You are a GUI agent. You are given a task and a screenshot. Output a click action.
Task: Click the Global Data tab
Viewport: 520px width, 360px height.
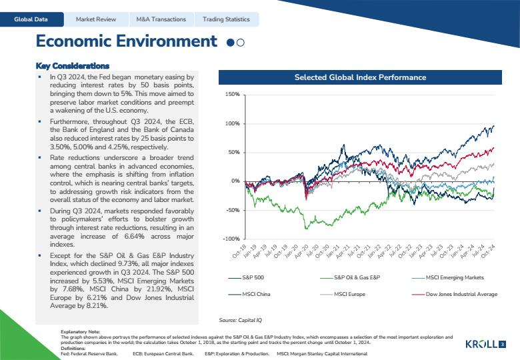point(31,19)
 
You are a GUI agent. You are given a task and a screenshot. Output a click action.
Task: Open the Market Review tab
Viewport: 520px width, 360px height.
point(96,19)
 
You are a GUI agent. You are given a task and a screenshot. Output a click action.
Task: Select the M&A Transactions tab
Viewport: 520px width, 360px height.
point(161,19)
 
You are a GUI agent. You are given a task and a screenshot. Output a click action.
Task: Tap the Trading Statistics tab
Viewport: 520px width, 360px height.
point(226,19)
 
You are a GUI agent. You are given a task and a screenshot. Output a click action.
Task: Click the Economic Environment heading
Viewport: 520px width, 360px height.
point(127,41)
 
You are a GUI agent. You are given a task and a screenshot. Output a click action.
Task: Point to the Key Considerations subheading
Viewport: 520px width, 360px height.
point(72,65)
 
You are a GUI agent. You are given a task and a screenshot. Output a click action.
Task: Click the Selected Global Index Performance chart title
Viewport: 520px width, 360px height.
point(360,77)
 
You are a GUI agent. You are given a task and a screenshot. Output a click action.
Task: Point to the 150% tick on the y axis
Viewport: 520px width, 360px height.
point(233,95)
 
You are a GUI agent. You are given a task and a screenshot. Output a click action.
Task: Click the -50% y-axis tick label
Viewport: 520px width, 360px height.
point(233,210)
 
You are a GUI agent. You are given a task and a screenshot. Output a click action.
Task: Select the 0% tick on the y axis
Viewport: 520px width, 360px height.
point(235,181)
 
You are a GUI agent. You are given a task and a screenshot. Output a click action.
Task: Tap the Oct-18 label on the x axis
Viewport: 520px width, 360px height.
point(239,251)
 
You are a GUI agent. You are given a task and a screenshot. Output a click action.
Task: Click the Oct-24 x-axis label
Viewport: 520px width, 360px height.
point(488,251)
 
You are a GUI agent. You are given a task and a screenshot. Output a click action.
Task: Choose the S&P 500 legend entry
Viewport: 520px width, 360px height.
point(246,277)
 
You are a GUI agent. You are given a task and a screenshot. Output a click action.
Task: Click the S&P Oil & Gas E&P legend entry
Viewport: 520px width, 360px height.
point(350,277)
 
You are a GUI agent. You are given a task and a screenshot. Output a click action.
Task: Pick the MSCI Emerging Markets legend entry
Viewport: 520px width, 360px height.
point(448,277)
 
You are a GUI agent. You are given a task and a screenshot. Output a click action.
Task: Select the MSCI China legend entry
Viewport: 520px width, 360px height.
point(249,294)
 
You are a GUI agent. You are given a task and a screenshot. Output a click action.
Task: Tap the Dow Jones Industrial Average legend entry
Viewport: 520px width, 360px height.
point(455,294)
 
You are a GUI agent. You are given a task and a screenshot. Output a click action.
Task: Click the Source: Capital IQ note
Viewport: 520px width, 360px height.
point(241,320)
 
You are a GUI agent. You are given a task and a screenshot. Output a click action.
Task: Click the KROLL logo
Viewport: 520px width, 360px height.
point(481,344)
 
